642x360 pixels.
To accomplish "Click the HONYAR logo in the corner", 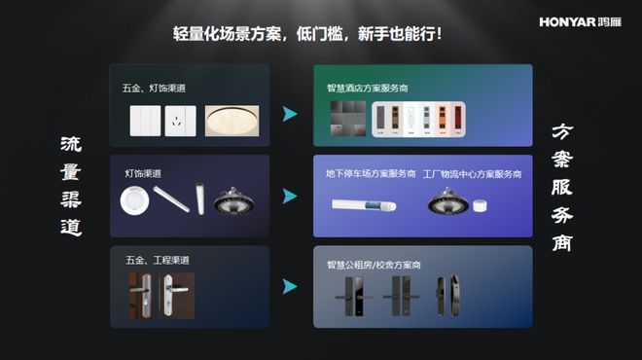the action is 580,21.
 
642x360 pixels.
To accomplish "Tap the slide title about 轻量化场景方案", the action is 307,34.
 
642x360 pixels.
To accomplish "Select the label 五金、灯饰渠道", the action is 154,89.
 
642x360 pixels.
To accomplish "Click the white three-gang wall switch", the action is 145,121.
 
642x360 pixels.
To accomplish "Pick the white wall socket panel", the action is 181,121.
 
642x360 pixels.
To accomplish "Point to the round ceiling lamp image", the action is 232,121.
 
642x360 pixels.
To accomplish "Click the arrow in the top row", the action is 290,114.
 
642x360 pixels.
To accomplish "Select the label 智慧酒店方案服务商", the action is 368,89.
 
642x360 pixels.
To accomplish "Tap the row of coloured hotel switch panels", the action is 418,119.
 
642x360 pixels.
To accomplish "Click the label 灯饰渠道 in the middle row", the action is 143,173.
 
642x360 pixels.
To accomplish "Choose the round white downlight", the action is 134,200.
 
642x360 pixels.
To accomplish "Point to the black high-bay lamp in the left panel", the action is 233,201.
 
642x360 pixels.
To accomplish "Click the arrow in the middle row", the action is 290,197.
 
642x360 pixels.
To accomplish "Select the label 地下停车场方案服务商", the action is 371,173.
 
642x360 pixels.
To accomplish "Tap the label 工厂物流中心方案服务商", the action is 472,174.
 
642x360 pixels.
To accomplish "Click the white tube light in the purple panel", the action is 364,204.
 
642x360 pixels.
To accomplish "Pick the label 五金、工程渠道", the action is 158,260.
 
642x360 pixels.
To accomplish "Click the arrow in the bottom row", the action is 290,286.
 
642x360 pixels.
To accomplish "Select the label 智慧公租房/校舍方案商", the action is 374,265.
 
